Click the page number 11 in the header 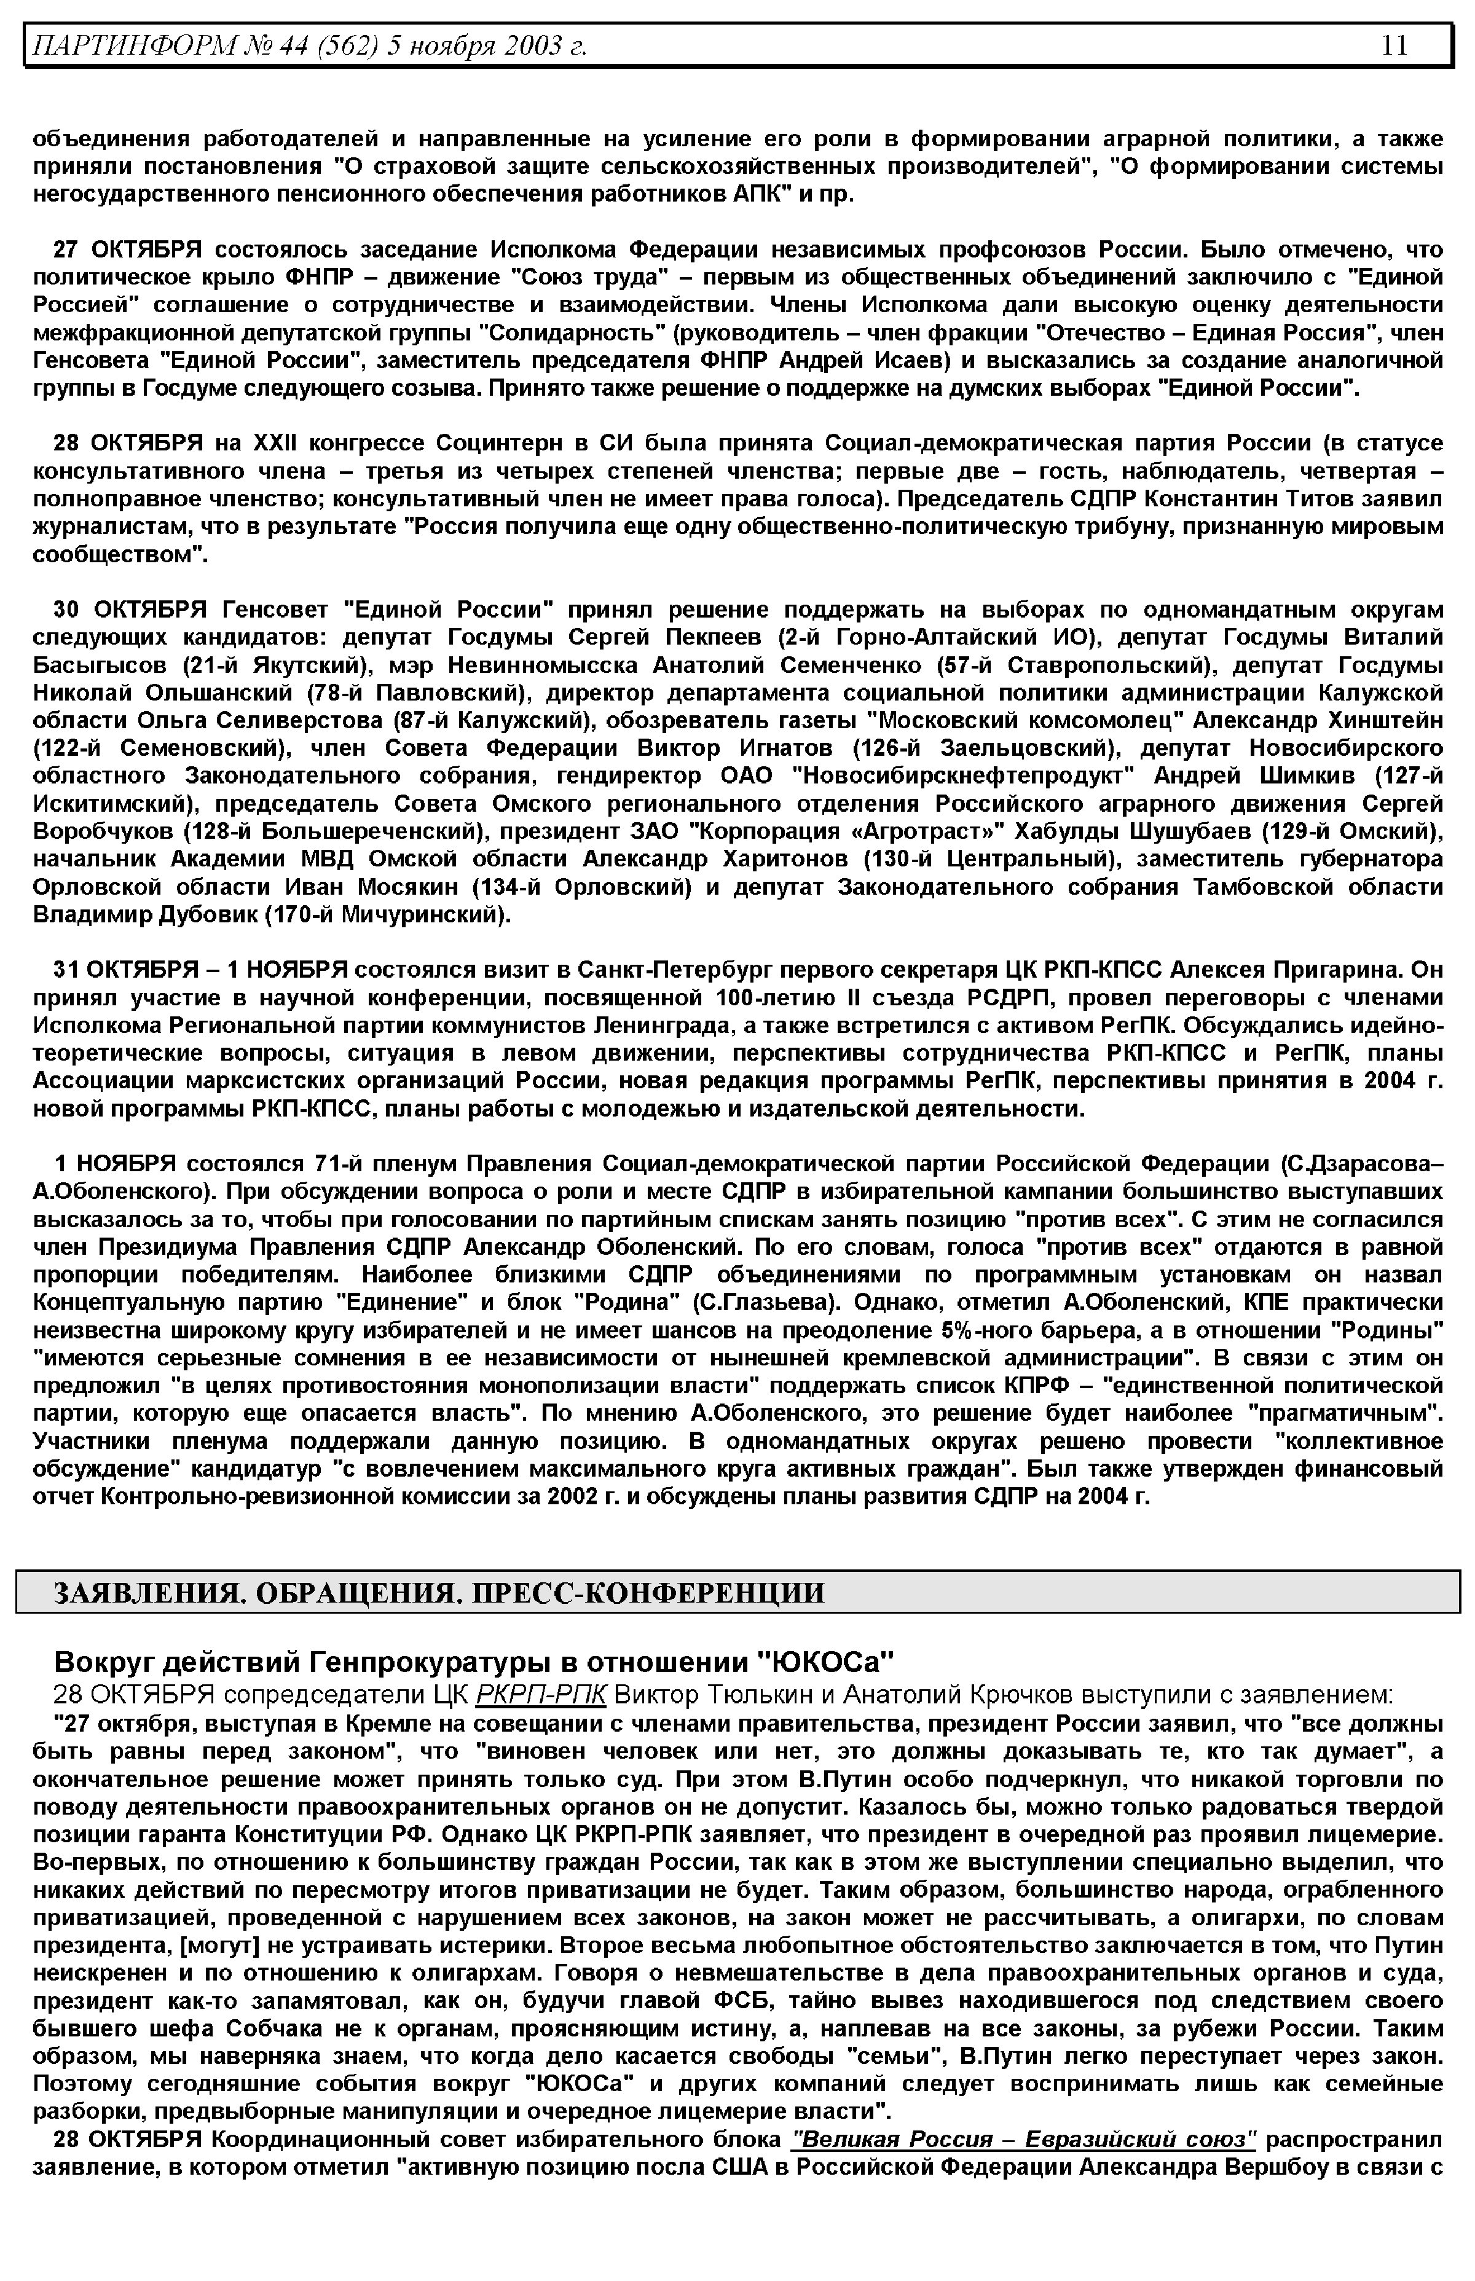click(x=1394, y=45)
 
